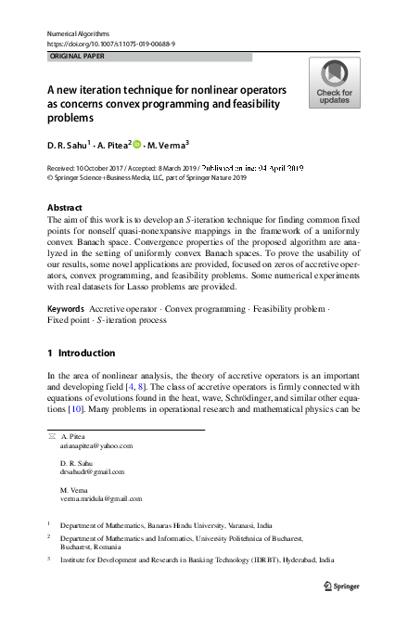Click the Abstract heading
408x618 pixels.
(64, 207)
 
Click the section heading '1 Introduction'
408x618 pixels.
(81, 353)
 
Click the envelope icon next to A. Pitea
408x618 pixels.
(51, 435)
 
